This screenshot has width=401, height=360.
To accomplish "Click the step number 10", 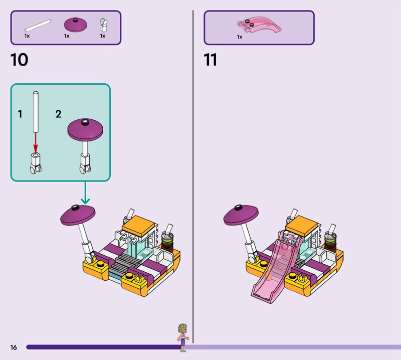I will coord(19,60).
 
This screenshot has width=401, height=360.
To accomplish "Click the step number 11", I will coord(210,60).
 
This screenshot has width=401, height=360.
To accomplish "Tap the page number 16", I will coord(14,347).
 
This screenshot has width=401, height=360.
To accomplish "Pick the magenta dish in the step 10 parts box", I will coord(76,24).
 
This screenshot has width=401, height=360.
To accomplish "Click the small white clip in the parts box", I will coord(104,24).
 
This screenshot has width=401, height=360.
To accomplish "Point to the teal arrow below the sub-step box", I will coord(85,193).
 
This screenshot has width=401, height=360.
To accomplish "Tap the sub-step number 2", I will coord(58,114).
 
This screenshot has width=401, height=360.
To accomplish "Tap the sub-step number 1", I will coord(20,114).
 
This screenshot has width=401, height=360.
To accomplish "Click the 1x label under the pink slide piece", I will coord(239,37).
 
